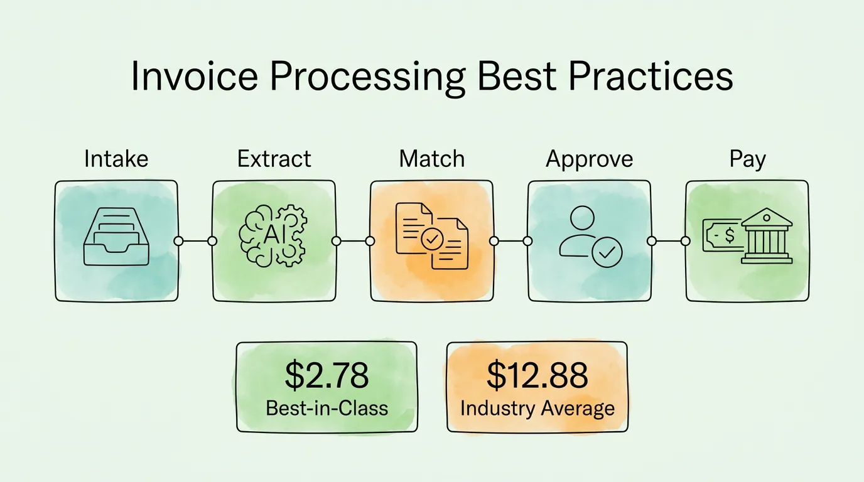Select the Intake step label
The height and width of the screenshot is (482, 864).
pyautogui.click(x=116, y=159)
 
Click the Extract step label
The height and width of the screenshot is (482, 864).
pyautogui.click(x=274, y=159)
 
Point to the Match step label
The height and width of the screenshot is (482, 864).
pyautogui.click(x=431, y=159)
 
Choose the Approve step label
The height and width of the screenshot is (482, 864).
pyautogui.click(x=589, y=159)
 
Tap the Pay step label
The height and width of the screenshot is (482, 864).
pyautogui.click(x=747, y=159)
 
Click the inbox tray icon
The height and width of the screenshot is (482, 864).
pyautogui.click(x=116, y=237)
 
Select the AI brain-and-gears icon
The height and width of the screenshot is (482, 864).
pyautogui.click(x=273, y=235)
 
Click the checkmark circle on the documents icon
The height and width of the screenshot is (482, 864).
pyautogui.click(x=432, y=240)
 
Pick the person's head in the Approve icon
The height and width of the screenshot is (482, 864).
pyautogui.click(x=582, y=218)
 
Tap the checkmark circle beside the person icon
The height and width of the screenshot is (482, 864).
pyautogui.click(x=607, y=252)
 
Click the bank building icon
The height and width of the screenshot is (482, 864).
pyautogui.click(x=767, y=236)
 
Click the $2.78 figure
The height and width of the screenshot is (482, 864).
pyautogui.click(x=327, y=375)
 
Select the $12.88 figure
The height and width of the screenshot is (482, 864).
pyautogui.click(x=537, y=375)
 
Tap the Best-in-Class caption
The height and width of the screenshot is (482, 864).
pyautogui.click(x=327, y=408)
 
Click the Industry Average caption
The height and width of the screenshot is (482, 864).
pyautogui.click(x=537, y=409)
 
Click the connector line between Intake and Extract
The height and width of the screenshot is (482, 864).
pyautogui.click(x=195, y=241)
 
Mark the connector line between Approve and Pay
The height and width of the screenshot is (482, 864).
pyautogui.click(x=669, y=241)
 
